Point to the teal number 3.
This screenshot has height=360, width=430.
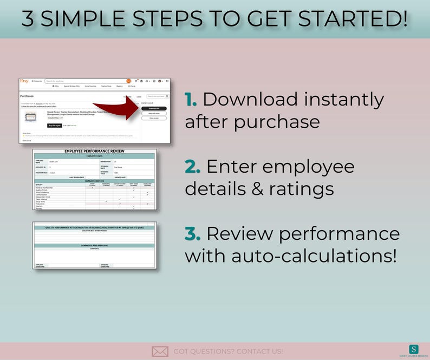[x=192, y=233]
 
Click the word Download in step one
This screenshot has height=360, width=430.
[x=250, y=100]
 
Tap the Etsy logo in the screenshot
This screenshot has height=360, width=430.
[x=24, y=81]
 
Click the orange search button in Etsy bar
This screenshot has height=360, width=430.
[x=128, y=81]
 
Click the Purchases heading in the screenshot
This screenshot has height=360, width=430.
[x=27, y=96]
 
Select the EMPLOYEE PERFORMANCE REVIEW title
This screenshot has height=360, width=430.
[x=94, y=151]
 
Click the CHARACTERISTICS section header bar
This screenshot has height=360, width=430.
[x=94, y=181]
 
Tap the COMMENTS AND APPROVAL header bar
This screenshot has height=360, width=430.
[x=94, y=245]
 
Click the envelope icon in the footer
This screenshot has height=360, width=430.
[x=160, y=351]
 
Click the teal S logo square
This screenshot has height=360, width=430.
[x=414, y=349]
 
